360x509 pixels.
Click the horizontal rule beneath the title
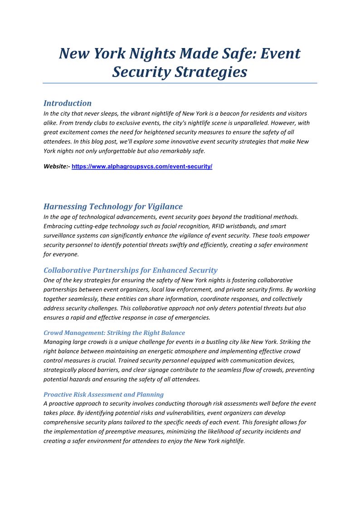tap(180, 83)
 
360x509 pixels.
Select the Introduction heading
tap(68, 103)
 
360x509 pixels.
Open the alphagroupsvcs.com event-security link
tap(142, 167)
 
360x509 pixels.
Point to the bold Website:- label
tap(57, 167)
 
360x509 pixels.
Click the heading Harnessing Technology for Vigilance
tap(113, 207)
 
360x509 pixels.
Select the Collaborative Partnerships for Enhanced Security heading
tap(131, 271)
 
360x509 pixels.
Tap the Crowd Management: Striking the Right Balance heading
tap(114, 333)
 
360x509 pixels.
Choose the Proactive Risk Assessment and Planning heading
tap(103, 394)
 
